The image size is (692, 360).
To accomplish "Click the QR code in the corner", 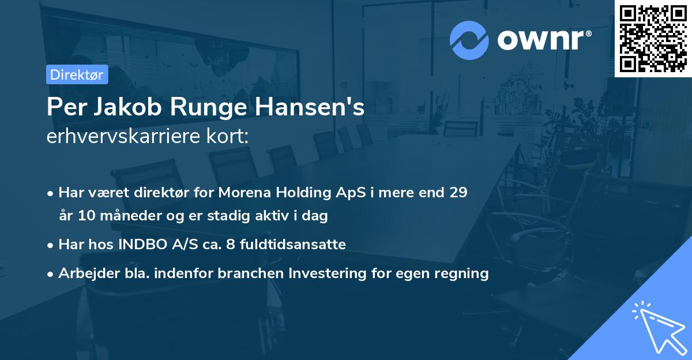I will [x=653, y=38].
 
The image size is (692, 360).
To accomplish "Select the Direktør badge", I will [x=77, y=74].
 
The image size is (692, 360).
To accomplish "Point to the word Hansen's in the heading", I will [x=305, y=108].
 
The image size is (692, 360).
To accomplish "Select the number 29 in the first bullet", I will [x=458, y=193].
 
